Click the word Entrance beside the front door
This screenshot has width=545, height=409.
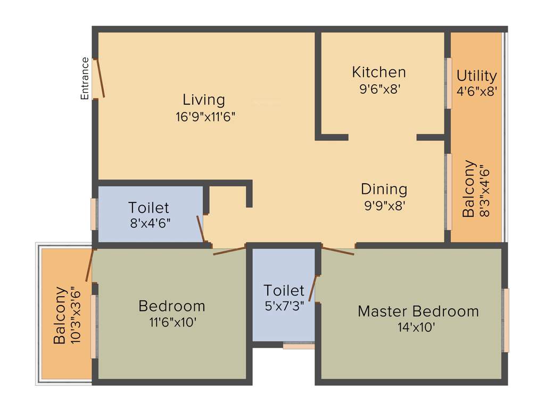tap(85, 78)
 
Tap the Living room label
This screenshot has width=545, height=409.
tap(204, 100)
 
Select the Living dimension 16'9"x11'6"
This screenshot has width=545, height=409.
tap(205, 117)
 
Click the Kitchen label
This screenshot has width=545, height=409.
tap(379, 72)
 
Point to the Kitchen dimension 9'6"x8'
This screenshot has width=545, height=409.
tap(379, 88)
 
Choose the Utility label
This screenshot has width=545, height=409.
tap(477, 76)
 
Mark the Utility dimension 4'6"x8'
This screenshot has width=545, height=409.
tap(477, 91)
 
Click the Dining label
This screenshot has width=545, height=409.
tap(384, 189)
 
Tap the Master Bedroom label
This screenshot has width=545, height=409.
tap(418, 311)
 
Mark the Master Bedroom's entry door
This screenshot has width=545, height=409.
tap(337, 250)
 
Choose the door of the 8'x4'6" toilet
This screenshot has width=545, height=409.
tap(201, 228)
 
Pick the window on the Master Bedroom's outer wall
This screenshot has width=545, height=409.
tap(506, 320)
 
